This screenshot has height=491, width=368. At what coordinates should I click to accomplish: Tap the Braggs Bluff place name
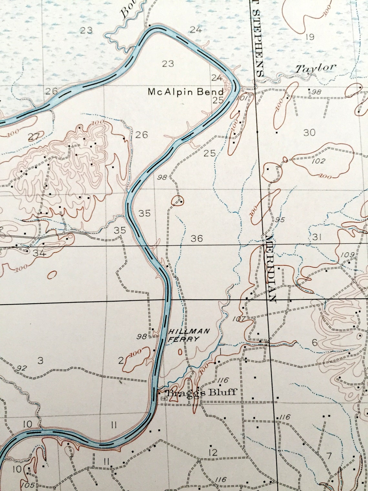(x=201, y=393)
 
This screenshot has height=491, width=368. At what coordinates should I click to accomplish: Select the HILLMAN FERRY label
(x=189, y=335)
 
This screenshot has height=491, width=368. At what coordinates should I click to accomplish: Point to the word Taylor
(x=316, y=68)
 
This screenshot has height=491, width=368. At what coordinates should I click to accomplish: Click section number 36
(x=197, y=239)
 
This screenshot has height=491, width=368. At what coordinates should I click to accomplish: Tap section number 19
(x=309, y=37)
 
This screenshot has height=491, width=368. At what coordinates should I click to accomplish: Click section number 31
(x=317, y=237)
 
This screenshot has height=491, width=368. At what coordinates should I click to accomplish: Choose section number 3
(x=40, y=360)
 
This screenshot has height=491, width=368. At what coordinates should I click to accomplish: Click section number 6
(x=315, y=343)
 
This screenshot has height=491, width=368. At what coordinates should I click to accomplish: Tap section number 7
(x=329, y=456)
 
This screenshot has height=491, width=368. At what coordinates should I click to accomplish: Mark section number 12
(x=213, y=453)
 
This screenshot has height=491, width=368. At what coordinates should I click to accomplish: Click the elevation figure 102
(x=319, y=161)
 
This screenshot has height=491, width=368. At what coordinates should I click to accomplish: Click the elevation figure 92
(x=21, y=368)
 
